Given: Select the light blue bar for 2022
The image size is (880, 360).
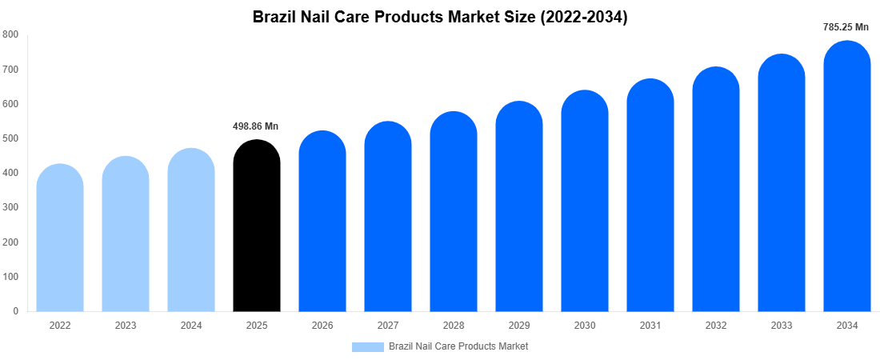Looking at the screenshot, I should [60, 240].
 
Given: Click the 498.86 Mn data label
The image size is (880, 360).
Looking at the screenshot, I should [256, 126].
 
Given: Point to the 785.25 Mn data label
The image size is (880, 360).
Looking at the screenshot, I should [846, 27].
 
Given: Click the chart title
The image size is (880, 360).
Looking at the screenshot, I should [440, 17].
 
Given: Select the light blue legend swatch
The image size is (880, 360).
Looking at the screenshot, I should [367, 346].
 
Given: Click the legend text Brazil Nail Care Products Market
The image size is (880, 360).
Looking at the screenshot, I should [458, 346].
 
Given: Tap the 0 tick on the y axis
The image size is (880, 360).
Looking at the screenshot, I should [15, 311].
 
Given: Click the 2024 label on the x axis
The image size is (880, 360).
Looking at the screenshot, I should [191, 326].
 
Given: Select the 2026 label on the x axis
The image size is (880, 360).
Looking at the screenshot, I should [322, 326].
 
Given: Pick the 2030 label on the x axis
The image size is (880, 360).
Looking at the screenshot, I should [584, 326].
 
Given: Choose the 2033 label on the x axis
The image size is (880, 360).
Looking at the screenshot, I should [781, 326].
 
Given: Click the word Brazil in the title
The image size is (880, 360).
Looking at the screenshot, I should [274, 17].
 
